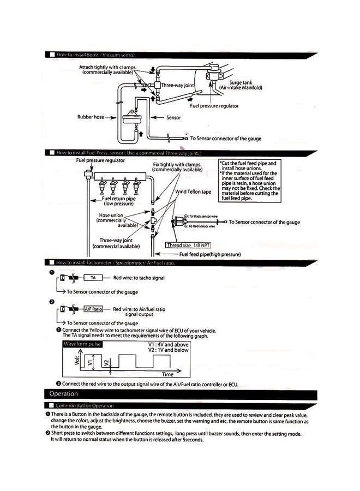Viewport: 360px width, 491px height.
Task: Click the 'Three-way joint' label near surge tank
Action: (177, 86)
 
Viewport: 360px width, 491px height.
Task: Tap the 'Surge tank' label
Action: (241, 83)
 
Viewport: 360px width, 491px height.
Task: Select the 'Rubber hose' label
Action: (91, 117)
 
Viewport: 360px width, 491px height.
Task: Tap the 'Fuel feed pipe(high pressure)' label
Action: (210, 254)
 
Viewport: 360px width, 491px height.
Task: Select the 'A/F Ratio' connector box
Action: (93, 309)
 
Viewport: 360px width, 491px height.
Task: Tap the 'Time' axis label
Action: (168, 375)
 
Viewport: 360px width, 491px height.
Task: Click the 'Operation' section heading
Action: (64, 394)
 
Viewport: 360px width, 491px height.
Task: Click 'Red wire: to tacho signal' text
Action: (139, 278)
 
